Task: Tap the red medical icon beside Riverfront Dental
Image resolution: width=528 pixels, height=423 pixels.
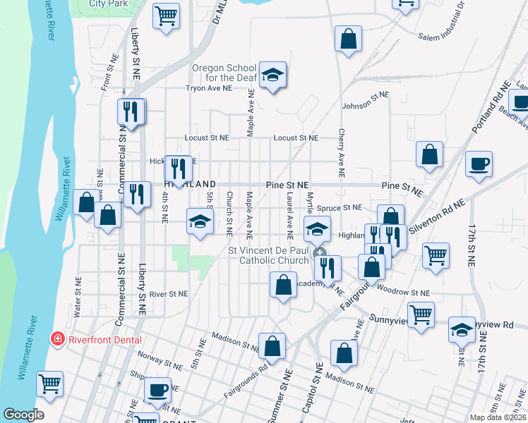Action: [56, 340]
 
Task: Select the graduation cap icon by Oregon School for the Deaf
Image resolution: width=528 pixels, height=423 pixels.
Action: [272, 75]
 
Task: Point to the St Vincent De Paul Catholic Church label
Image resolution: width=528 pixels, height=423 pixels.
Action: [268, 255]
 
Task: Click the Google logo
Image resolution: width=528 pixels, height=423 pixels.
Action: [23, 415]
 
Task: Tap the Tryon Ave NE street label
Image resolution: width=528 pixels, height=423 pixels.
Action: [208, 89]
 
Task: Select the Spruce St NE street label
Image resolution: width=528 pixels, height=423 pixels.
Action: [339, 208]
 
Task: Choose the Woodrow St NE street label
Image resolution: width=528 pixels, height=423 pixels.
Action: [403, 290]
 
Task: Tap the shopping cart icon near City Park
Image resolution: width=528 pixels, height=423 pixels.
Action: [166, 15]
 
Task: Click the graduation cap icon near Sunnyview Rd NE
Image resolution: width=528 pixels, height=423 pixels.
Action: [462, 329]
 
